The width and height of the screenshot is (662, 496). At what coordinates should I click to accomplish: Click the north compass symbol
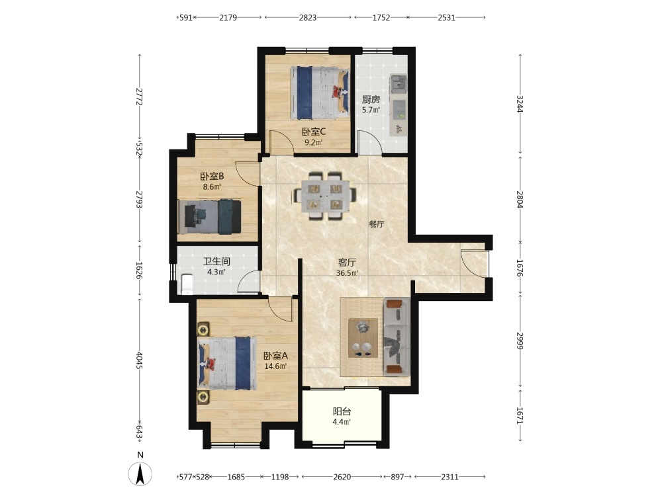[x=140, y=470]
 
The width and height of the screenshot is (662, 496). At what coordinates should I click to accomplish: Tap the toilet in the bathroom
[x=186, y=284]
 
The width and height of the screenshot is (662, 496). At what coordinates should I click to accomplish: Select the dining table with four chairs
[x=325, y=195]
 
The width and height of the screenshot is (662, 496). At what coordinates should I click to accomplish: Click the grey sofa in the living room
[x=397, y=336]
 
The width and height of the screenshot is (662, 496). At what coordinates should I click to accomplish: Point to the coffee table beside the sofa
[x=363, y=338]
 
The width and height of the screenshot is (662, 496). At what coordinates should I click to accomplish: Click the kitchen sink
[x=398, y=83]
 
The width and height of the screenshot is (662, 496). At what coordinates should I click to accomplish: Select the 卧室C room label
[x=313, y=132]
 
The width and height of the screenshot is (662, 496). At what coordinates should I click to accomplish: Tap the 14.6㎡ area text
[x=275, y=366]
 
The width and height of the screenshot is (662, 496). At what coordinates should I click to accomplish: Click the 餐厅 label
[x=377, y=224]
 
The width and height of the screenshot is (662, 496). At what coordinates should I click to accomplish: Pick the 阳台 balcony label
[x=342, y=411]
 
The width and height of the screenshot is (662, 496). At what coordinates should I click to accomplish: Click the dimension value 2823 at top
[x=308, y=17]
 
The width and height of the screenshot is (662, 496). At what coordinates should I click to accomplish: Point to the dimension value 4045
[x=140, y=360]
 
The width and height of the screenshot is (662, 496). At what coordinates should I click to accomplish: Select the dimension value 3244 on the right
[x=520, y=104]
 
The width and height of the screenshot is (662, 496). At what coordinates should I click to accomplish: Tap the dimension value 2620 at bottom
[x=342, y=477]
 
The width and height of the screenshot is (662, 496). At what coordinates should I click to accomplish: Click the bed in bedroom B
[x=210, y=217]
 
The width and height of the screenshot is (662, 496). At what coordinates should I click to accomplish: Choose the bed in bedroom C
[x=320, y=93]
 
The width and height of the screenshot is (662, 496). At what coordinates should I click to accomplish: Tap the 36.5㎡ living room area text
[x=347, y=273]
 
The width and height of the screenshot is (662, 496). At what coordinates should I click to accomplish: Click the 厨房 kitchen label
[x=371, y=100]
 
